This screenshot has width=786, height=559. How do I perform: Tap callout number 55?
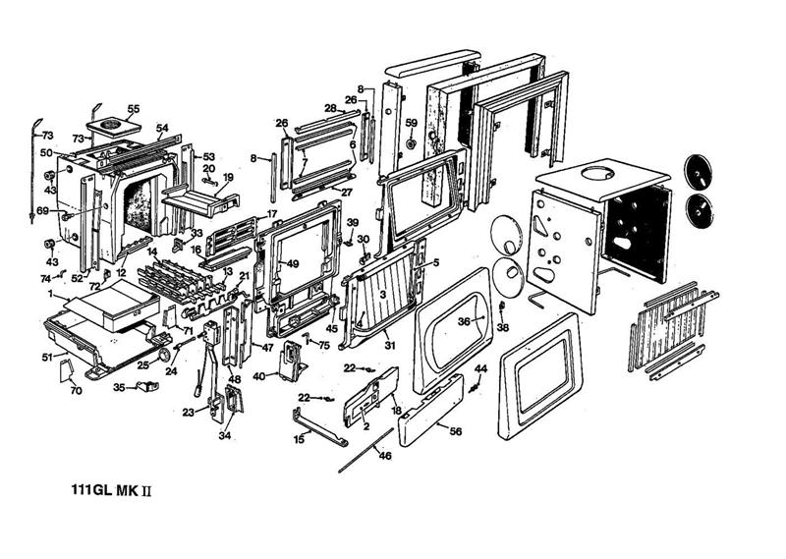(x=134, y=108)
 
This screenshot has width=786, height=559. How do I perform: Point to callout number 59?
(x=412, y=123)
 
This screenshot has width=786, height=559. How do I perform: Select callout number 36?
(x=464, y=321)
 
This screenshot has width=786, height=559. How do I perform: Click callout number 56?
(x=455, y=430)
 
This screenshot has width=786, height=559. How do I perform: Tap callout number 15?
(x=299, y=440)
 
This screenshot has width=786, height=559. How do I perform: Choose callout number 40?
(x=258, y=375)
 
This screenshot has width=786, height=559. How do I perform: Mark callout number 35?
(x=119, y=388)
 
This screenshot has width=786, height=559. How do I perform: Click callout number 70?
(x=76, y=391)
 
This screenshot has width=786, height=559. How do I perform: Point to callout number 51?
(x=46, y=357)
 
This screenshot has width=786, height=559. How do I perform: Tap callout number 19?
(x=228, y=178)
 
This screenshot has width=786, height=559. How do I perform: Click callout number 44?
(x=481, y=368)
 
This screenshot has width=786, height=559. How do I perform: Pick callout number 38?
(x=503, y=327)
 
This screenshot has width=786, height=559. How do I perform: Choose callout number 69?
(x=42, y=211)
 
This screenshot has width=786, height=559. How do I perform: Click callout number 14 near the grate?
(x=152, y=252)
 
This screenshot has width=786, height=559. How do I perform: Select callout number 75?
(x=324, y=345)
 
